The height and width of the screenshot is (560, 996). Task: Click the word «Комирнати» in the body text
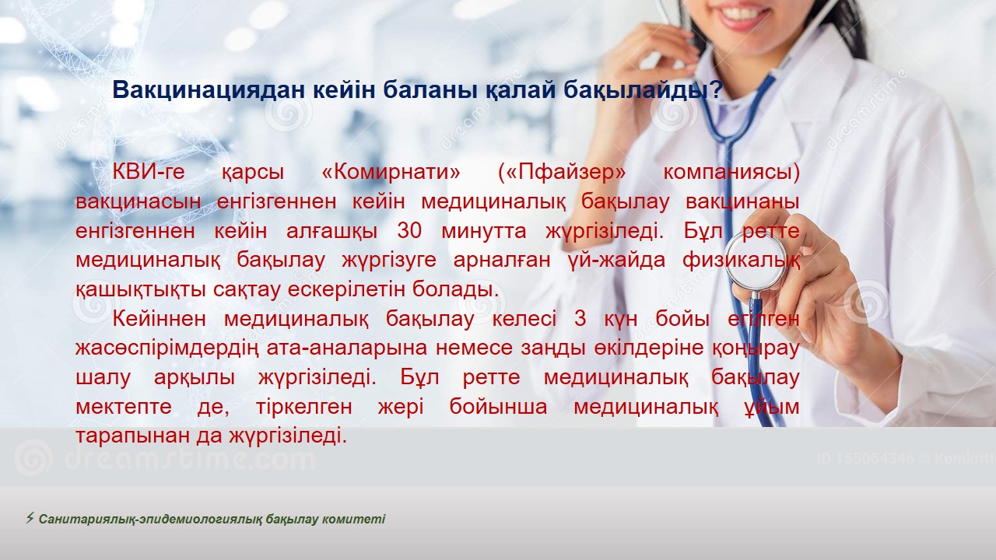click(x=391, y=172)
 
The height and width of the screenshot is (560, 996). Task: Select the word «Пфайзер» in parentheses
click(x=562, y=173)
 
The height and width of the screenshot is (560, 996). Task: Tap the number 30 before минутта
click(x=409, y=231)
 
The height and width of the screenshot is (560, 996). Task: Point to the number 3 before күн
click(x=580, y=319)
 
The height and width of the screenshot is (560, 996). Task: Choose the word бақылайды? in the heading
click(x=643, y=90)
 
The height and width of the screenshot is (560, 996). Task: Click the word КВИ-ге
click(x=149, y=172)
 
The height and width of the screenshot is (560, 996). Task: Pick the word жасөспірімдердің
click(x=167, y=348)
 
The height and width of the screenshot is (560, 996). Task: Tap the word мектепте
click(x=124, y=407)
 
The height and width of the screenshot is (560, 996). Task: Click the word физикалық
click(x=742, y=261)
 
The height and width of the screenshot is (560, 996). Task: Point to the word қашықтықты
click(x=141, y=290)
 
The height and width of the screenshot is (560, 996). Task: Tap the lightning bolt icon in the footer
click(x=30, y=518)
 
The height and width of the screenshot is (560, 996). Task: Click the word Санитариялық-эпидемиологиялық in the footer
click(x=150, y=519)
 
